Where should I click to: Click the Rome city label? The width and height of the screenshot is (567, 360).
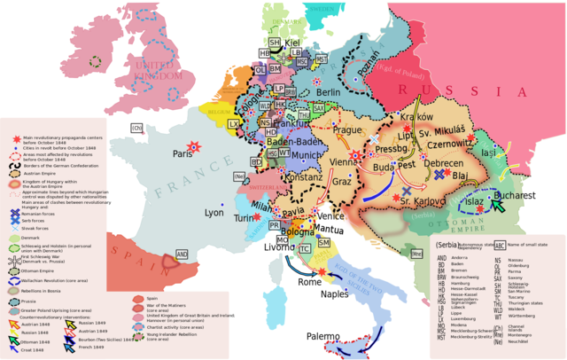[309, 282]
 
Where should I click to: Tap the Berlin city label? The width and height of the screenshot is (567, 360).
[329, 92]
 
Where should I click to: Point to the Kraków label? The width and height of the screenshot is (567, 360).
[416, 117]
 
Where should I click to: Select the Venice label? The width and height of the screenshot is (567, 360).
[330, 216]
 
